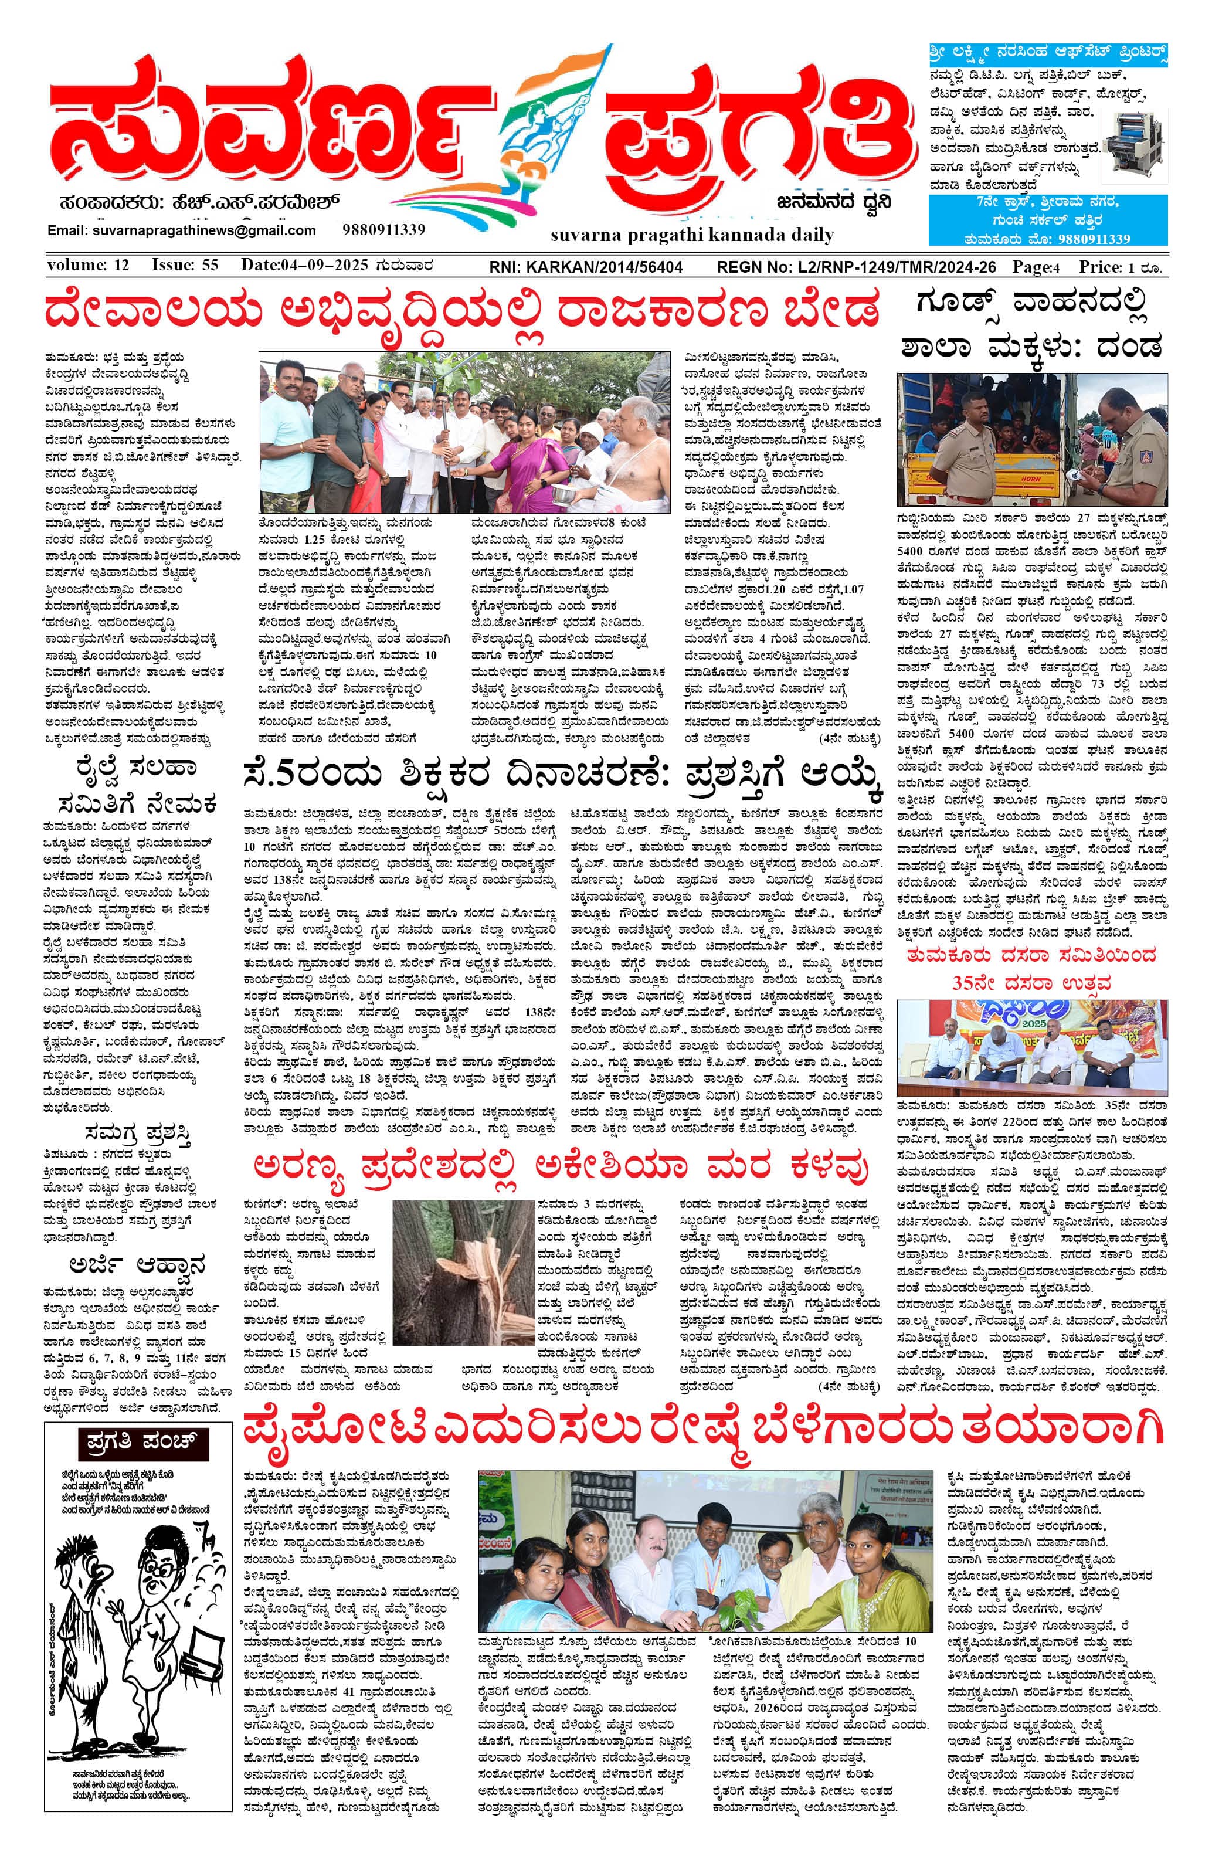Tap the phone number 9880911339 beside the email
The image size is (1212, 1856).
tap(383, 229)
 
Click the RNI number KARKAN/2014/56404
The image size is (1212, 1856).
tap(586, 267)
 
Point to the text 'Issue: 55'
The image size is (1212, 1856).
tap(185, 265)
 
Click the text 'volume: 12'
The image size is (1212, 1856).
tap(88, 265)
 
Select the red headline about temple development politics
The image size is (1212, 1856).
tap(463, 310)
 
